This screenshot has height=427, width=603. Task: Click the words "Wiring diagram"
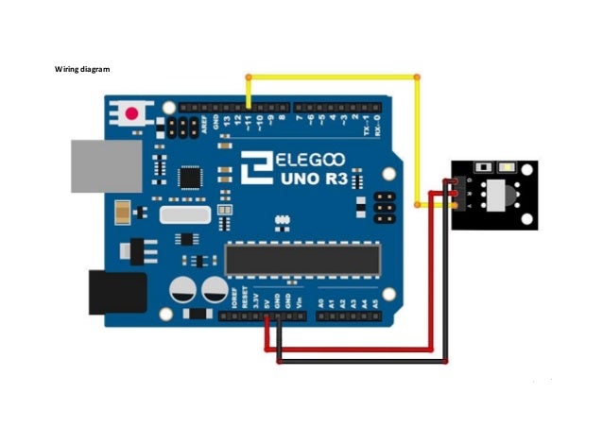point(81,70)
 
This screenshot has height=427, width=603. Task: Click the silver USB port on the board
point(105,166)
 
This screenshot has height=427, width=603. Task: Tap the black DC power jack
point(116,292)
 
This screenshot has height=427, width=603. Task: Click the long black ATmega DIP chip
point(301,258)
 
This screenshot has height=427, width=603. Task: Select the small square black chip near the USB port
point(191,176)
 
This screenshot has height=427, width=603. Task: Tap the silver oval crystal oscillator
point(184,215)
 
